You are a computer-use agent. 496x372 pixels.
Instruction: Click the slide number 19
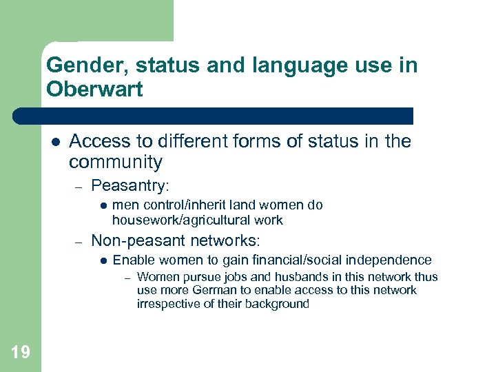point(21,353)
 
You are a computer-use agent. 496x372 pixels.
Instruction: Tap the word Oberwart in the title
point(94,90)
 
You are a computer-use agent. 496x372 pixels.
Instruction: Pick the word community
point(116,163)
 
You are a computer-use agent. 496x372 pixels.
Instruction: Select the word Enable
point(131,260)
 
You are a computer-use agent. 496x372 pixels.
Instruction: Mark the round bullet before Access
point(55,142)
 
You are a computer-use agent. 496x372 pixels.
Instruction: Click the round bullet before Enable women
point(102,260)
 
